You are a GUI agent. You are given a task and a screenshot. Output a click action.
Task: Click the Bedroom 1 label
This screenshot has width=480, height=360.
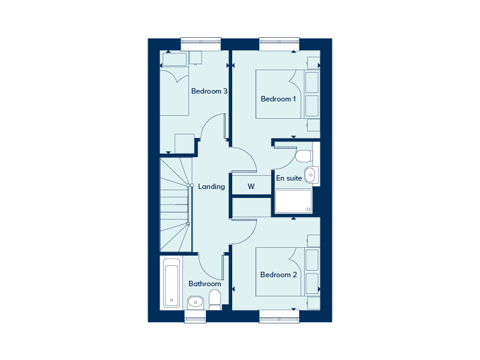tap(278, 99)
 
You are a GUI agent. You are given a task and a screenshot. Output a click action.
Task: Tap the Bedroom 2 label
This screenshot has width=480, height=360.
tap(278, 275)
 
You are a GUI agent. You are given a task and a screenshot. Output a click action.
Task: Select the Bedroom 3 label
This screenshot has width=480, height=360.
tap(209, 91)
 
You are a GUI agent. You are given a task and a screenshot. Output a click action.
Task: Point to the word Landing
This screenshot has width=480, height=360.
tap(211, 187)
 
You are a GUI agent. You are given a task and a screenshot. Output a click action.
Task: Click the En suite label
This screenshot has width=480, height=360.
tap(289, 178)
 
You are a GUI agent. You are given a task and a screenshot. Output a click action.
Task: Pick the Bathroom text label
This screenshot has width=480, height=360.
tap(205, 284)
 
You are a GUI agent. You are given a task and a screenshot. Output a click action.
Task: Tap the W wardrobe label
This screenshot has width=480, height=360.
tap(251, 186)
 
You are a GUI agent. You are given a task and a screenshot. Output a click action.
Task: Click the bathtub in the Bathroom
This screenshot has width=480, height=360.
tap(172, 283)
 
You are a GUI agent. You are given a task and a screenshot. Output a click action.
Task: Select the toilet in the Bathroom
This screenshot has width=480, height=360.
tap(215, 300)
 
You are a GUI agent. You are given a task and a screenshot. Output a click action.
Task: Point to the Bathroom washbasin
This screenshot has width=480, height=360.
tap(196, 302)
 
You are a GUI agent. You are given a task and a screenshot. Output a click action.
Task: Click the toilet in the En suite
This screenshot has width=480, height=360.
tap(304, 156)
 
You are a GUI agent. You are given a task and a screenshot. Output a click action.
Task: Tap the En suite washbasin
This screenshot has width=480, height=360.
tap(311, 175)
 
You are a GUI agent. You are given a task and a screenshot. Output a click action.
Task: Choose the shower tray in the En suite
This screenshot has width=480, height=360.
tap(293, 201)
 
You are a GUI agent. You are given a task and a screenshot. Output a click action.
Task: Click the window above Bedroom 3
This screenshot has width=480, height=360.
tap(201, 44)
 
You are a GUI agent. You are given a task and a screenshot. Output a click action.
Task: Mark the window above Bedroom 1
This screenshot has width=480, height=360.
tap(279, 44)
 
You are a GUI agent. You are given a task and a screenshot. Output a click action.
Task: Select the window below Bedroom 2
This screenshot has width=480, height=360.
tap(279, 317)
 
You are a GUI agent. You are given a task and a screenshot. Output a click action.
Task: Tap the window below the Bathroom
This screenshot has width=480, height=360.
tap(196, 317)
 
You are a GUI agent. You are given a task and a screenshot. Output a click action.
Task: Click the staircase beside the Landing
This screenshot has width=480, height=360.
tap(176, 205)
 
